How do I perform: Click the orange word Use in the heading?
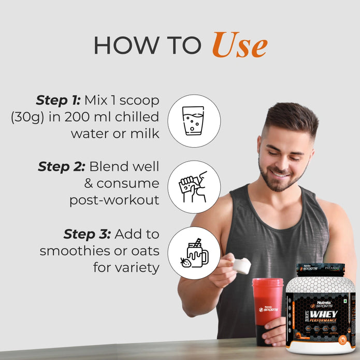tap(239, 45)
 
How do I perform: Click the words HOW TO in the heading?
tap(147, 46)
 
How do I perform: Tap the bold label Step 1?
tap(57, 99)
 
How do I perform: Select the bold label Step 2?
tap(60, 166)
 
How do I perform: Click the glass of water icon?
tap(193, 120)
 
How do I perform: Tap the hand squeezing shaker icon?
tap(193, 186)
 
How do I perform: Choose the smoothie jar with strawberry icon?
tap(193, 253)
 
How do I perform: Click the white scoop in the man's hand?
tap(241, 266)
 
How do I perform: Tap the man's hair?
tap(290, 117)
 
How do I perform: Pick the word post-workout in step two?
tap(114, 200)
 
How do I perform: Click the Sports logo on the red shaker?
tap(268, 309)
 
